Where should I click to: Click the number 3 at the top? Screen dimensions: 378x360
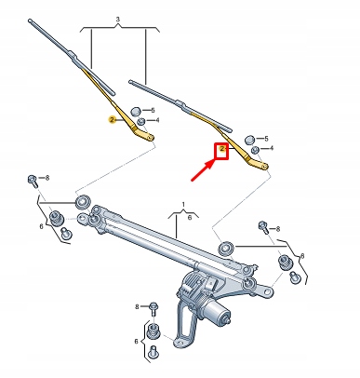[x=118, y=20]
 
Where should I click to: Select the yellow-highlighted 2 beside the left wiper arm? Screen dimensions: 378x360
[x=112, y=121]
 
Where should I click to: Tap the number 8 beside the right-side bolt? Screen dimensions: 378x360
[x=276, y=223]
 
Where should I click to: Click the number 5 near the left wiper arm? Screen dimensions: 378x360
[x=153, y=110]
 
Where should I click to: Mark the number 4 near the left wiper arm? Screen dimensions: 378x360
[x=156, y=120]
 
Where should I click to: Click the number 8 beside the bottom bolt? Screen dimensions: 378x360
[x=137, y=305]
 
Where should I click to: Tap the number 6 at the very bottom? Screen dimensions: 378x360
[x=137, y=342]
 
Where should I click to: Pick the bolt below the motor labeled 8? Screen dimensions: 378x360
[x=153, y=305]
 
